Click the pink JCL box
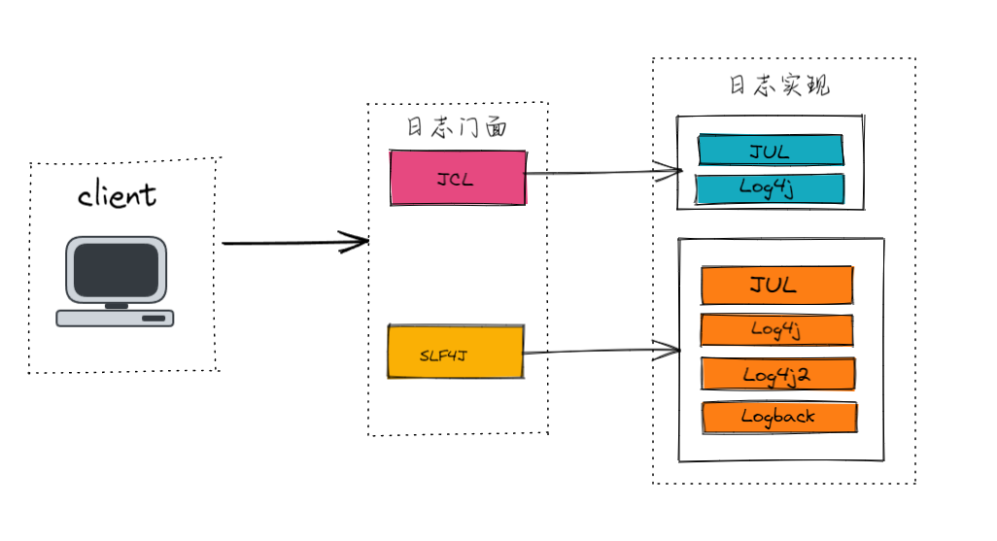pos(458,178)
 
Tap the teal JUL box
pos(770,151)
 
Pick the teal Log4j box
pos(770,188)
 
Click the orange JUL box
pos(776,285)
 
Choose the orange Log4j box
pos(776,330)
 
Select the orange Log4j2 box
pos(777,374)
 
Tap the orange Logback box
pos(778,417)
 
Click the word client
pos(117,195)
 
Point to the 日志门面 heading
pos(456,128)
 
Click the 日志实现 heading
pos(779,85)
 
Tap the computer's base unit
pos(115,318)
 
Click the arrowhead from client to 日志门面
pos(358,242)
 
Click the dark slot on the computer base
pos(154,318)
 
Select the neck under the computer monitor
pos(116,305)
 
